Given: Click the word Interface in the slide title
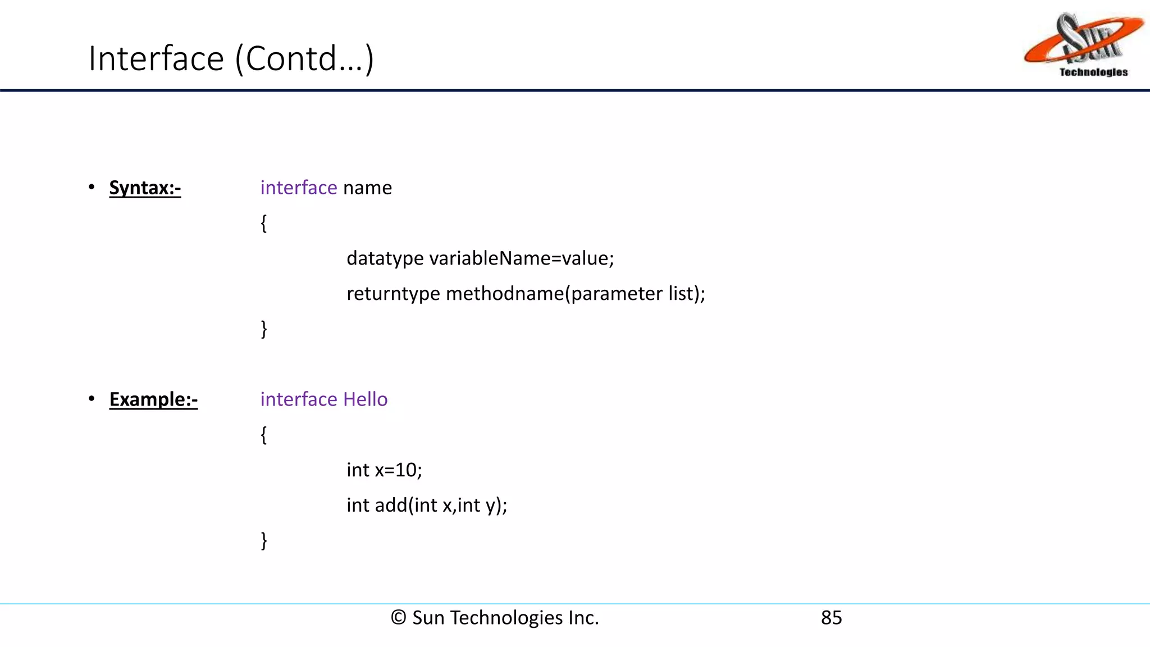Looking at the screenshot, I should pos(156,58).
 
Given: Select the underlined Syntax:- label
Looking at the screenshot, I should pos(145,188).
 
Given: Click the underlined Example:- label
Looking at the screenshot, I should pos(153,399).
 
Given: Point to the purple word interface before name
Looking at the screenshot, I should pos(298,188).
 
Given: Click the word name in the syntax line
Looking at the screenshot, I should pos(367,188).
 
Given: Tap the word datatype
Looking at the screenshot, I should pos(385,258).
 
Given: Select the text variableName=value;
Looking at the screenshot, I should pos(522,258).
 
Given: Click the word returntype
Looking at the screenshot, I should pos(393,294).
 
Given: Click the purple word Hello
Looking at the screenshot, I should pos(365,399).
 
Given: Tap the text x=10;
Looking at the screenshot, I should pos(398,470).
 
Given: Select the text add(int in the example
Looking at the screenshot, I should pos(406,505).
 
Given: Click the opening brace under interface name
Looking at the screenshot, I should pos(263,224).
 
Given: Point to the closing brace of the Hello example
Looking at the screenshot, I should pos(263,540).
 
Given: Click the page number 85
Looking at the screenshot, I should pos(831,618).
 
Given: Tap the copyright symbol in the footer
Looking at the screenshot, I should pos(398,618).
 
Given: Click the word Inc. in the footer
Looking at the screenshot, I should pos(583,618).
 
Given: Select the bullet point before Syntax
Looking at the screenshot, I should pos(92,187).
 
